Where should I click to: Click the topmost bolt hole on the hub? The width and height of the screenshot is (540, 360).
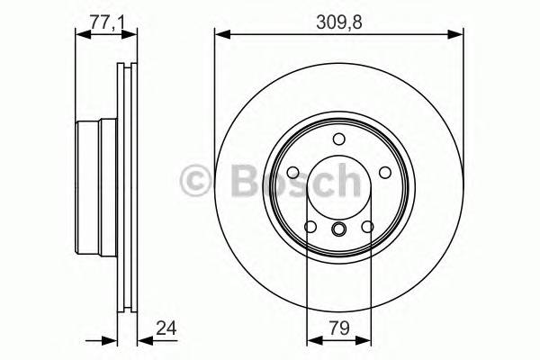click(338, 139)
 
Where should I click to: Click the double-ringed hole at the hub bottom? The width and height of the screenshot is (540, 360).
click(339, 230)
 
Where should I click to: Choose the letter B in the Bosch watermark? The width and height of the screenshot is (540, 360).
click(233, 181)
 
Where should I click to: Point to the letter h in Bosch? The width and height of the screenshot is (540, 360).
click(341, 181)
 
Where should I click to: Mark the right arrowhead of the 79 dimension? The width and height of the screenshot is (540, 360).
click(364, 340)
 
